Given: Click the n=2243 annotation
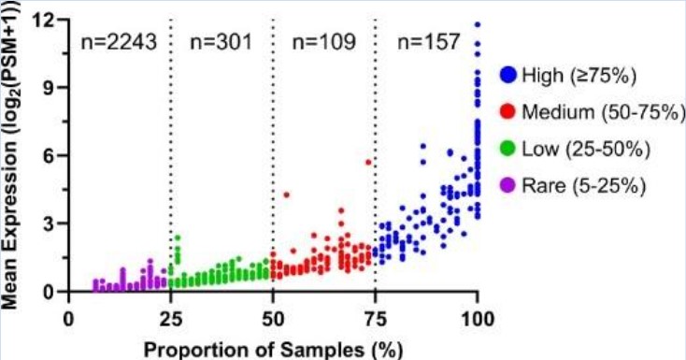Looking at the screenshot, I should [x=120, y=42].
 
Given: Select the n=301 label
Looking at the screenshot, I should [x=221, y=42].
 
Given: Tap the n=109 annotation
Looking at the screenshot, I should [x=323, y=42].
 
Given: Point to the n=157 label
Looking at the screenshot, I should [x=428, y=42].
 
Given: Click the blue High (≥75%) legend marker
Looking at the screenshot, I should [x=507, y=76].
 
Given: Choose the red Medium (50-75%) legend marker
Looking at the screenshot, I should [x=507, y=112].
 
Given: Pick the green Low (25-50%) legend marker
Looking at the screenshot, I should [x=507, y=149].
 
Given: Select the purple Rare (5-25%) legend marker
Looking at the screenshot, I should [x=507, y=185].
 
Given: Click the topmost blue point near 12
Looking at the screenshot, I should [x=478, y=25].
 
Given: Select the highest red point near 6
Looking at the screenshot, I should [x=368, y=162].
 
